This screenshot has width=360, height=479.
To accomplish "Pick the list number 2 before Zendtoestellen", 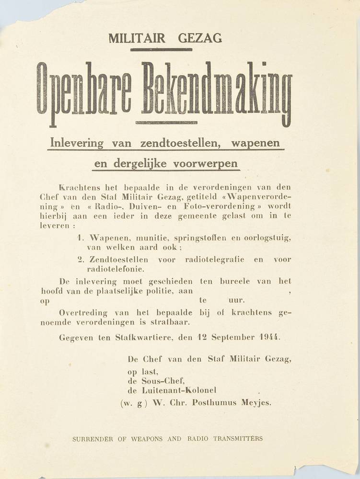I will coord(80,260).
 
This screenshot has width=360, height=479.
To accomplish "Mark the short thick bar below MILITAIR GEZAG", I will coord(161,49).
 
